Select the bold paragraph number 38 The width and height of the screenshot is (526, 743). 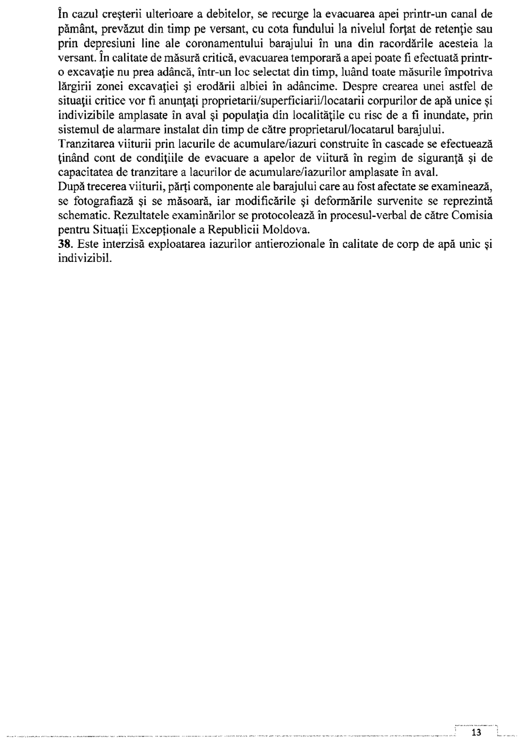point(64,244)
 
